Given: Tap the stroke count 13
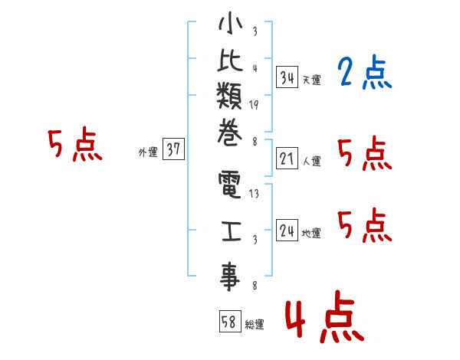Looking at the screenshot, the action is coord(255,195).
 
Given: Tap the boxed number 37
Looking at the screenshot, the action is coord(173,149).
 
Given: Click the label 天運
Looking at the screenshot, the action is coord(311,80).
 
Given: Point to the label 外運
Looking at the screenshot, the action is coord(148,152).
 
